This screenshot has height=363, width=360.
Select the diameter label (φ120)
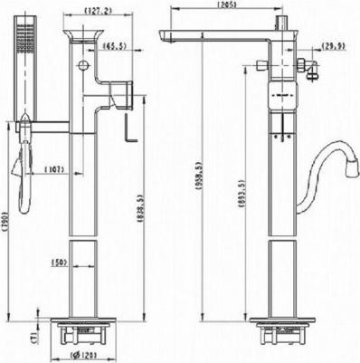tap(85, 355)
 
